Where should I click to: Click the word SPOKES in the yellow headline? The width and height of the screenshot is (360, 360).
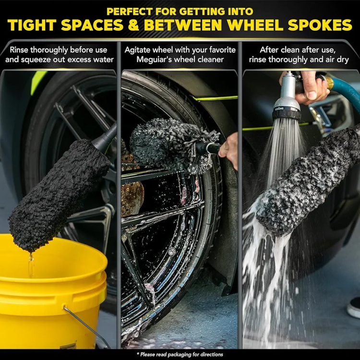320,25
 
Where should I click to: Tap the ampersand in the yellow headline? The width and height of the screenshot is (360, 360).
134,25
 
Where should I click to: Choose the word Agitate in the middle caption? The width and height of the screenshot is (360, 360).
138,50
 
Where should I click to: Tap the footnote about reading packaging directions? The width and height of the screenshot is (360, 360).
180,354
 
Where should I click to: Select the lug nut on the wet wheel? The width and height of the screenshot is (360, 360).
171,252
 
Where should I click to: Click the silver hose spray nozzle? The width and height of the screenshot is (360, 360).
287,99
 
